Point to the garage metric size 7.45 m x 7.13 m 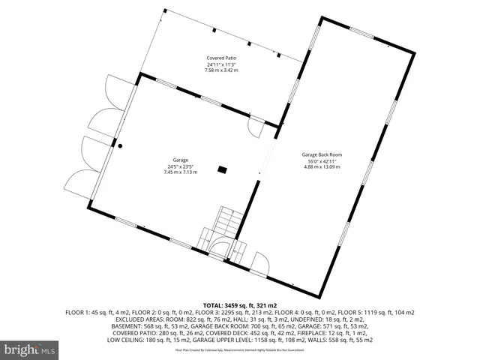(x=180, y=172)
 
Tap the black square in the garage (x=222, y=170)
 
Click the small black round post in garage (x=118, y=145)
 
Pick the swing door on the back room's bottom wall (x=259, y=262)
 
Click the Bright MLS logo (x=30, y=349)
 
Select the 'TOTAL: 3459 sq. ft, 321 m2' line (x=239, y=306)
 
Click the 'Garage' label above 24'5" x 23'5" (x=180, y=160)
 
